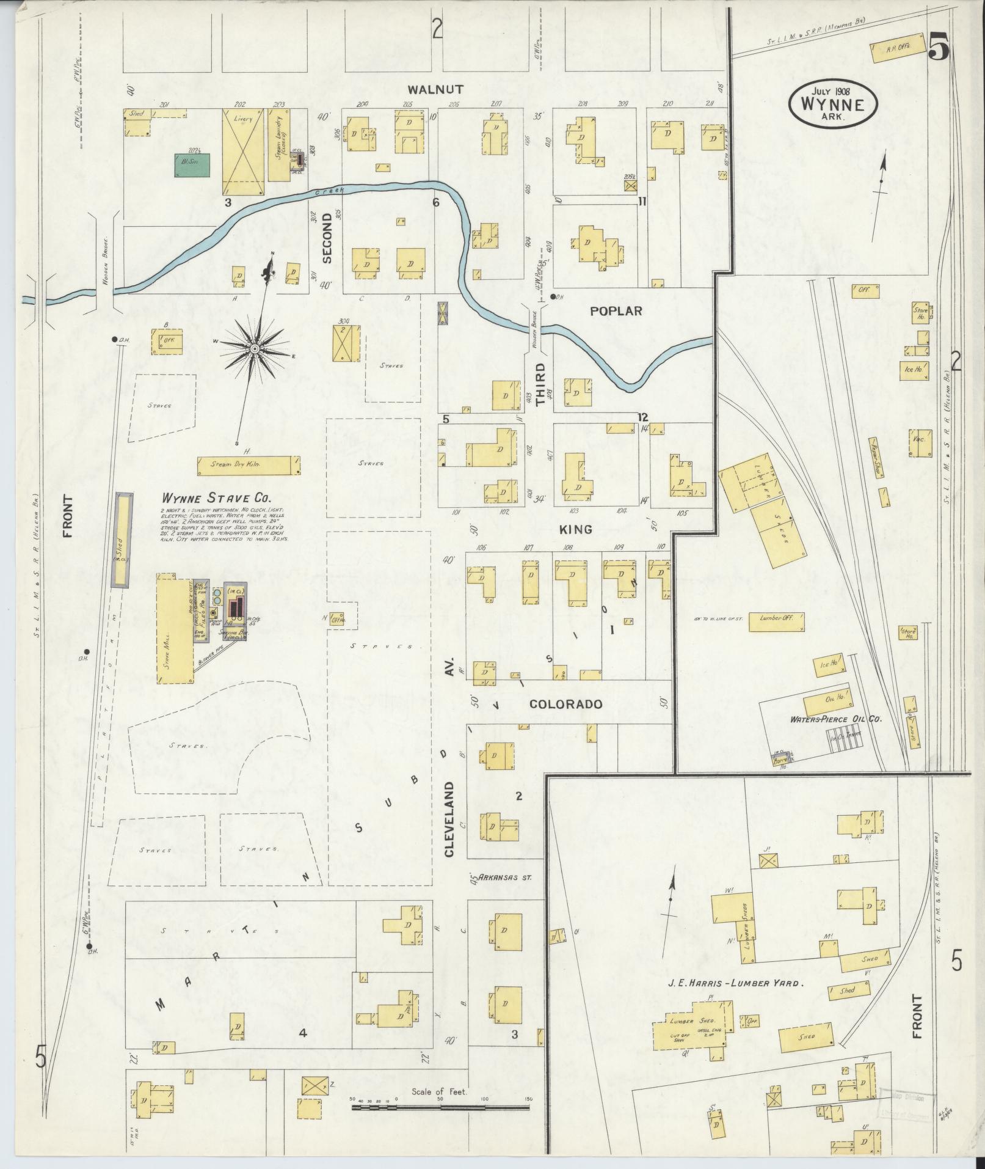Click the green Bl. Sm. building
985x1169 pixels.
(193, 165)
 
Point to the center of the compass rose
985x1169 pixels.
(253, 348)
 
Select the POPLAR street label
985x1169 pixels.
(616, 310)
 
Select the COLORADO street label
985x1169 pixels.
(565, 704)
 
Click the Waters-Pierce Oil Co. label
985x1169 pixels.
(836, 720)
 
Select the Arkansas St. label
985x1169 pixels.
(505, 877)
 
